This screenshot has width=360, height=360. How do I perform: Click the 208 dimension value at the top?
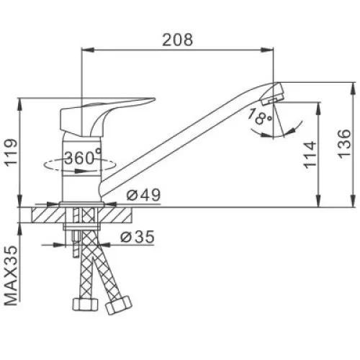(178, 40)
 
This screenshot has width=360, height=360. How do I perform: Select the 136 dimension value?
(344, 144)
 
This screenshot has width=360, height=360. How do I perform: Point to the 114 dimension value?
(310, 155)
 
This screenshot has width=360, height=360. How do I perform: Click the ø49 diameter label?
(143, 195)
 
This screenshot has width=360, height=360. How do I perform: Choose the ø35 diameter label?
(138, 237)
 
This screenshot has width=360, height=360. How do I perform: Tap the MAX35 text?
(12, 276)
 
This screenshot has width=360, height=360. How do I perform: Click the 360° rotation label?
(83, 158)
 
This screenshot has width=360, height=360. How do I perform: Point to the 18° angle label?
(260, 117)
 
